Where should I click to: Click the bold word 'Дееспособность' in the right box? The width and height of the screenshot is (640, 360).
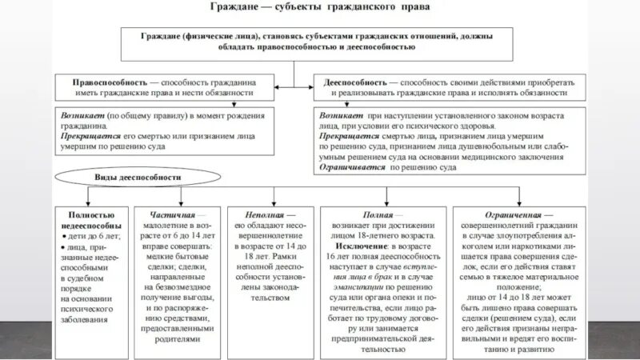pyautogui.click(x=356, y=82)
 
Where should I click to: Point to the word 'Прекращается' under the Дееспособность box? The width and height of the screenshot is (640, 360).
pyautogui.click(x=349, y=137)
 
